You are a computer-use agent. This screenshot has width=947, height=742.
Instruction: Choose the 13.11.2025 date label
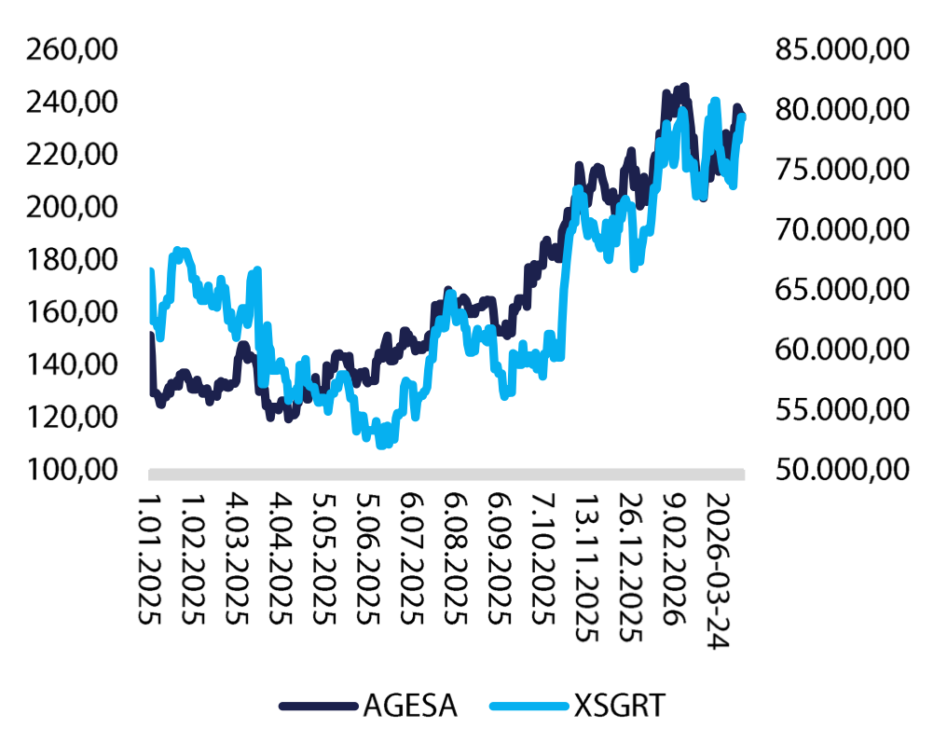click(x=585, y=563)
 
